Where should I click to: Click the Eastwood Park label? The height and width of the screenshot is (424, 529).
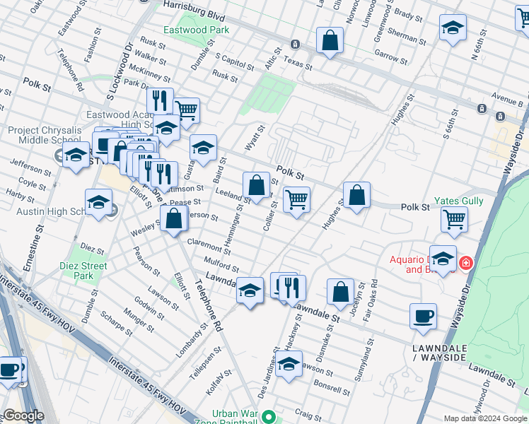pyautogui.click(x=196, y=30)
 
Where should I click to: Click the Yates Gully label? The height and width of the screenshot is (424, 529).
pyautogui.click(x=458, y=201)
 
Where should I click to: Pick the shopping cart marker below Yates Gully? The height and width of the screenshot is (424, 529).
pyautogui.click(x=454, y=219)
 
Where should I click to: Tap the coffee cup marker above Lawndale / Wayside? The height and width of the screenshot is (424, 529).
pyautogui.click(x=423, y=317)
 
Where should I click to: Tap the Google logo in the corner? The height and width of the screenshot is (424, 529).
pyautogui.click(x=23, y=416)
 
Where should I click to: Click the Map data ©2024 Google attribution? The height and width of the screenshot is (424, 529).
pyautogui.click(x=484, y=418)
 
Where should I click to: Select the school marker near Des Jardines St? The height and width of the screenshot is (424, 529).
pyautogui.click(x=289, y=365)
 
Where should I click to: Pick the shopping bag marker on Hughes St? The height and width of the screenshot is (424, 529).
pyautogui.click(x=357, y=196)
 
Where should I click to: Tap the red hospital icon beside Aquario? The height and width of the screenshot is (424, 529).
pyautogui.click(x=465, y=264)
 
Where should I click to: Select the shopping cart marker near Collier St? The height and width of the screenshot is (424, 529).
pyautogui.click(x=297, y=199)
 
